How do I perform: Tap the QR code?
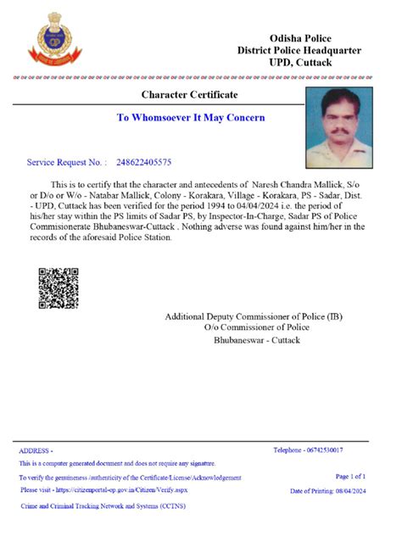point(59,288)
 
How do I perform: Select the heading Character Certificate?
point(189,94)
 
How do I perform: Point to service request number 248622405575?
point(143,161)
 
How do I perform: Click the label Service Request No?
point(66,161)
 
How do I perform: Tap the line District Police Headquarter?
point(299,51)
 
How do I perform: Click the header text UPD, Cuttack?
point(301,63)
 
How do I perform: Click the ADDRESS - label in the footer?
point(36,451)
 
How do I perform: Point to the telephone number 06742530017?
point(308,449)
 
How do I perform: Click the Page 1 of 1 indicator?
point(350,477)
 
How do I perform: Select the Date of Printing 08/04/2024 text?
point(327,491)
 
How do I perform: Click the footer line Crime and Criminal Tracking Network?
point(103,505)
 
